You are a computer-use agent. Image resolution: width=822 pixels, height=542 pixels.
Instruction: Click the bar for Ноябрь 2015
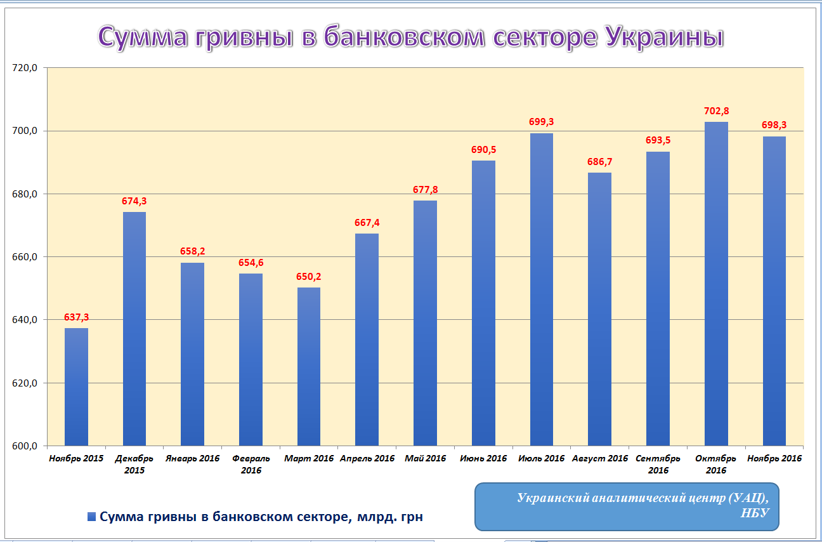(x=76, y=387)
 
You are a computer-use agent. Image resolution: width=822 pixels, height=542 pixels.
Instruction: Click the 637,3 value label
(x=76, y=317)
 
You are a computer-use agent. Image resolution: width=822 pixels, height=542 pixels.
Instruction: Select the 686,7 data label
(x=599, y=162)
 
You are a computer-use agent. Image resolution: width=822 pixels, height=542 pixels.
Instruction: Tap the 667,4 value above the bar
(x=367, y=223)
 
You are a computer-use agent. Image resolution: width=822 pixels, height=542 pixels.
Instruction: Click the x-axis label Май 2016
(x=425, y=458)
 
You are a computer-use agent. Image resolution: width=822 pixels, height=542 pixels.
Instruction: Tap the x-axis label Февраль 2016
(x=251, y=464)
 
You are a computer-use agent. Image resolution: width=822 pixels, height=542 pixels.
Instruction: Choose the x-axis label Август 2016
(x=599, y=458)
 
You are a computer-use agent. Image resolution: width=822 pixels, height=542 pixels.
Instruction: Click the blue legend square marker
(x=92, y=517)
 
